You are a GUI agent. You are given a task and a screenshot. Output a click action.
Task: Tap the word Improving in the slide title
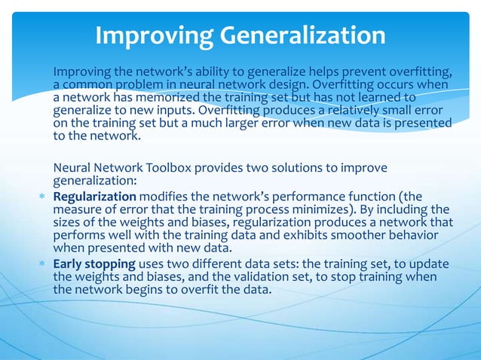click(151, 35)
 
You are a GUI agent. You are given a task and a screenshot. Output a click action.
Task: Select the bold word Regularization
click(95, 197)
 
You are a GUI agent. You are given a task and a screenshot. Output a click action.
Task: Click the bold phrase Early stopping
click(94, 264)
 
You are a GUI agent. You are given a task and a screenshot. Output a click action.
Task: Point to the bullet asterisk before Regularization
click(44, 197)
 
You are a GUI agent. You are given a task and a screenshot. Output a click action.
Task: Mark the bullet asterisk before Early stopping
click(44, 265)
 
